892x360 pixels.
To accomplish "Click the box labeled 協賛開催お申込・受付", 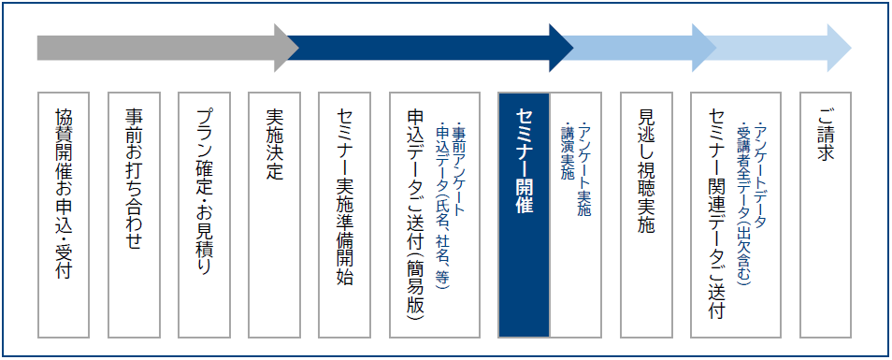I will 65,213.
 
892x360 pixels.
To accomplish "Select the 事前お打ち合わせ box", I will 135,213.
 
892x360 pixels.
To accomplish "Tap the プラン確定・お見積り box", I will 205,213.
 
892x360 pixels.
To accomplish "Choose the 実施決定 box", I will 275,213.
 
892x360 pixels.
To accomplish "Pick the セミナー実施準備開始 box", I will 345,213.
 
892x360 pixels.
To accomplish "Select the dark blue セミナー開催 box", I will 524,213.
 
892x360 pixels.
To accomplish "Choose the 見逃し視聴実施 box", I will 647,213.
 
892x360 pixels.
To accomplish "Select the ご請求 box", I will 825,213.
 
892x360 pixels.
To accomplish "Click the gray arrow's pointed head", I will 286,48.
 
